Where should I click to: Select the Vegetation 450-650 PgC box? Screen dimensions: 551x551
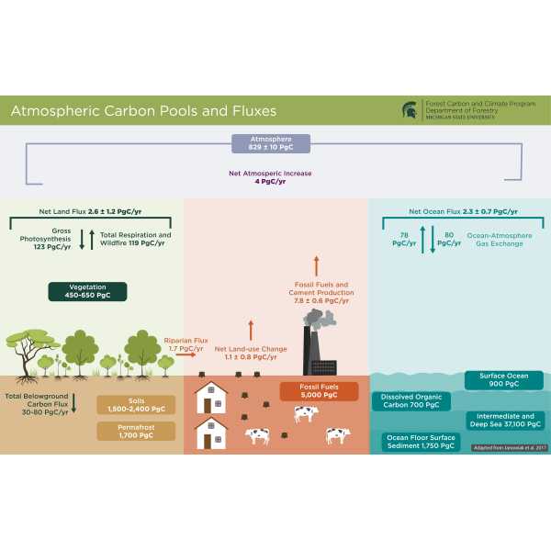(87, 291)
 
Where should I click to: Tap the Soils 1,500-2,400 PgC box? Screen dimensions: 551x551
(135, 406)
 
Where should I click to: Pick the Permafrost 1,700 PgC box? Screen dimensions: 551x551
(135, 431)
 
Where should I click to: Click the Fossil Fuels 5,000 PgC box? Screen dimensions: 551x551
(319, 392)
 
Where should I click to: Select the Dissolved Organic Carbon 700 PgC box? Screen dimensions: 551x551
(411, 401)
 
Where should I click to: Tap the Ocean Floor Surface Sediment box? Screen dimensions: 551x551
(420, 442)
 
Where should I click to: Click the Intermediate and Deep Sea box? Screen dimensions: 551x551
(508, 421)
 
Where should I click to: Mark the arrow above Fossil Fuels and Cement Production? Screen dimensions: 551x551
(317, 266)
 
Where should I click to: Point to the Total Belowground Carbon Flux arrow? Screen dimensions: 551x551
(73, 401)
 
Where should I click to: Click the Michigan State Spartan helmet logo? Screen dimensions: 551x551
(409, 110)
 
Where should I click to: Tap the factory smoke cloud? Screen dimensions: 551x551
(322, 319)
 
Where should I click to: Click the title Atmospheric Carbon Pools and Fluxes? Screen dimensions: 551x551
(142, 111)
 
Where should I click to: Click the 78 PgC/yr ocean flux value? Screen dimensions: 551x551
(403, 240)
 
